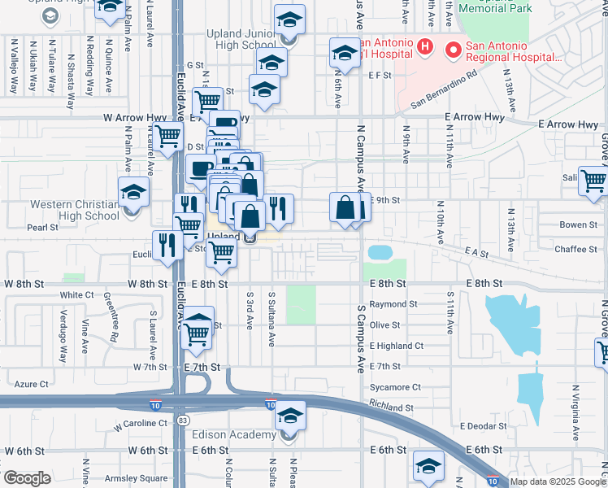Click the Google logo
pyautogui.click(x=26, y=478)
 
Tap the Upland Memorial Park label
pyautogui.click(x=495, y=7)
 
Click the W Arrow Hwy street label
pyautogui.click(x=136, y=118)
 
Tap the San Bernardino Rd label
pyautogui.click(x=443, y=91)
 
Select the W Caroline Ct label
pyautogui.click(x=141, y=424)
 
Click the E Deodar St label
pyautogui.click(x=483, y=425)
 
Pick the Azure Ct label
pyautogui.click(x=32, y=383)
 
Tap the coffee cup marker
pyautogui.click(x=201, y=169)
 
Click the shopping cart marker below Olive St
pyautogui.click(x=197, y=333)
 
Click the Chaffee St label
pyautogui.click(x=575, y=249)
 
